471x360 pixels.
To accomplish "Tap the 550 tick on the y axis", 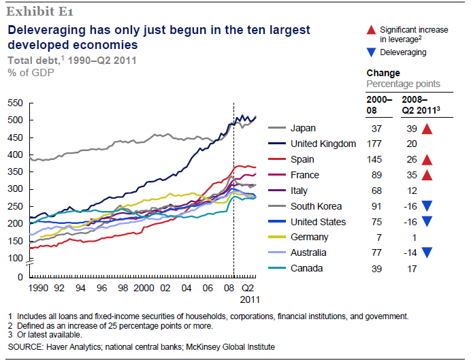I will (15, 103).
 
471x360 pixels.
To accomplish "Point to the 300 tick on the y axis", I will (15, 189).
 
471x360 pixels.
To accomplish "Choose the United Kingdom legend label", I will (323, 144).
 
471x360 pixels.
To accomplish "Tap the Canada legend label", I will (306, 268).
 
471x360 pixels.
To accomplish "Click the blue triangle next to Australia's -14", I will (427, 252).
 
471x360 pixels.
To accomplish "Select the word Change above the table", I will (384, 73).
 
